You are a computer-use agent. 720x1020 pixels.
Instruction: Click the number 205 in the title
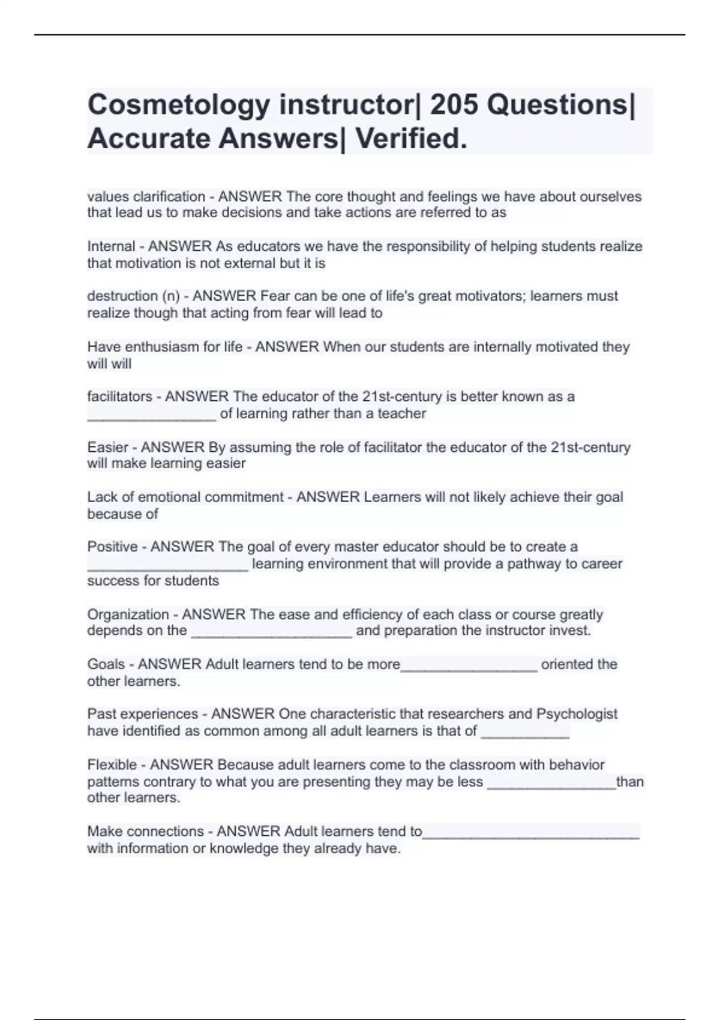[x=454, y=105]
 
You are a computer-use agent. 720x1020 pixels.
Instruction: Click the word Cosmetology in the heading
[x=178, y=106]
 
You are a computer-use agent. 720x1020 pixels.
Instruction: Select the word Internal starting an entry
[x=111, y=247]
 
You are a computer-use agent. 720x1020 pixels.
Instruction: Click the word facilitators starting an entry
[x=119, y=397]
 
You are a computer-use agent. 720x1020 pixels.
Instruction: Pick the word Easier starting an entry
[x=108, y=448]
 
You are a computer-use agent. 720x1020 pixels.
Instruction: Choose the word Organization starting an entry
[x=128, y=614]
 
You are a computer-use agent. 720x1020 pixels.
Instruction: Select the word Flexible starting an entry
[x=112, y=765]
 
